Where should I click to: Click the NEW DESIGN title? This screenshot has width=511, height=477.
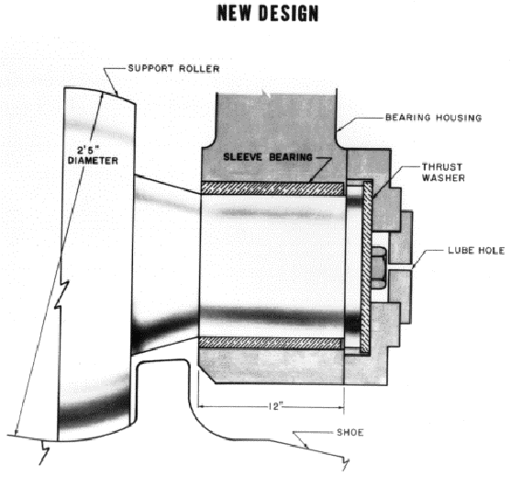click(268, 14)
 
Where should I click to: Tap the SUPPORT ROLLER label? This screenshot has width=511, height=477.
click(173, 69)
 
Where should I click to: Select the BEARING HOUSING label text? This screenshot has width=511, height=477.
click(433, 118)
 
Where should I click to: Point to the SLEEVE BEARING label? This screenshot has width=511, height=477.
click(268, 157)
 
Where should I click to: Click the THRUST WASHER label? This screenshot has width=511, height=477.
click(443, 173)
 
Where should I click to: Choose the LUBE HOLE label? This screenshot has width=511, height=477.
click(476, 250)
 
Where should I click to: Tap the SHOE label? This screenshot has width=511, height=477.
click(350, 432)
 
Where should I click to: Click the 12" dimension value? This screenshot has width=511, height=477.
click(276, 406)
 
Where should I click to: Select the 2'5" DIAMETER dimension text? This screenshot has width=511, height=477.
click(93, 155)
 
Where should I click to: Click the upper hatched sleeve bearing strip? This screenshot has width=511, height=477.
click(272, 188)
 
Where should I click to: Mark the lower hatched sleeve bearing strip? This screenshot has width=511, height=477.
click(270, 343)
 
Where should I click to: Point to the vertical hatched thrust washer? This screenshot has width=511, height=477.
click(366, 267)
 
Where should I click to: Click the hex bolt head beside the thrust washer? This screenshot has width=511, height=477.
click(379, 268)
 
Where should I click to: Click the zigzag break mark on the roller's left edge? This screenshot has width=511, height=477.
click(61, 294)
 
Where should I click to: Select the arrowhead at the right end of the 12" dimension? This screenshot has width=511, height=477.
click(341, 407)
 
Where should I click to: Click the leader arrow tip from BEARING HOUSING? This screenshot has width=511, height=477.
click(338, 131)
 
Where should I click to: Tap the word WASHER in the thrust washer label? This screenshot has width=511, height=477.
click(443, 178)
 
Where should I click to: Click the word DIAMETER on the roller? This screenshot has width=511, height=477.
click(93, 161)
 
